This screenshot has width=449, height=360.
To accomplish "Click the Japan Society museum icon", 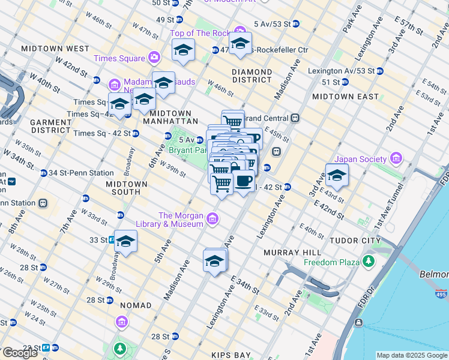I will pos(396,159).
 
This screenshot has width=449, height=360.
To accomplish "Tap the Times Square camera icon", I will pos(155,58).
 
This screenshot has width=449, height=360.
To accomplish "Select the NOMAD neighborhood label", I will pos(136,305).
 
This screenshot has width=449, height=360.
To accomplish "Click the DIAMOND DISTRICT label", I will pos(252,76).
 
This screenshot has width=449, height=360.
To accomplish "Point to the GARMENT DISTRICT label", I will pos(51,126).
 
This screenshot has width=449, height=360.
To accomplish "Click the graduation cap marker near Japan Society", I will pos(337,176).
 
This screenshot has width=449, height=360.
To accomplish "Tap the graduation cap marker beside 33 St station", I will pos(126,242).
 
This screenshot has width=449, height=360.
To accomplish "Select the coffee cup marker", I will pos(243,182).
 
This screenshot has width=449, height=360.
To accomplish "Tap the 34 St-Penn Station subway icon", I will pos(44,173).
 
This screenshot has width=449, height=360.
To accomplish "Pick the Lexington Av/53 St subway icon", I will pos(380,71).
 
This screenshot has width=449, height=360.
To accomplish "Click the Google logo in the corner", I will pos(20,353).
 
